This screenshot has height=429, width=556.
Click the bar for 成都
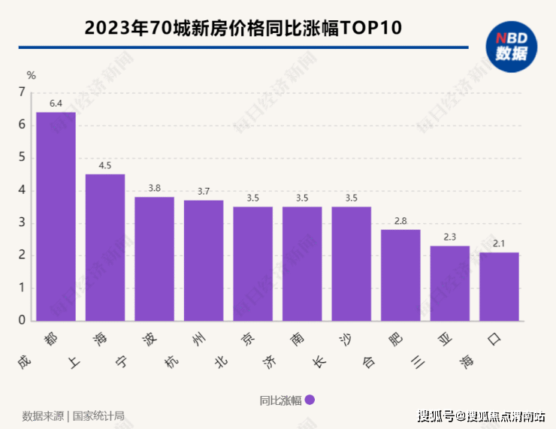pos(56,216)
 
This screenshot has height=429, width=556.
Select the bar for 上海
pos(105,247)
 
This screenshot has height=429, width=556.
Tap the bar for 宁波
pos(154,258)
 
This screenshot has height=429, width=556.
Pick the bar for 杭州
pos(204,260)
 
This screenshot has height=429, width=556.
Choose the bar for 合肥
pos(400,275)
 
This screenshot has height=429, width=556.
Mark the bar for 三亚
pos(449,283)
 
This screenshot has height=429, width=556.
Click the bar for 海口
pos(499,286)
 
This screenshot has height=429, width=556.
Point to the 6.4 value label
pos(56,103)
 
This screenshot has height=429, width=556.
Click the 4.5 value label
pos(105,165)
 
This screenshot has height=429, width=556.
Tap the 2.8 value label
pos(400,220)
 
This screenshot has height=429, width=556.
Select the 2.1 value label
pos(499,243)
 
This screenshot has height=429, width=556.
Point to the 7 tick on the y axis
pos(22,92)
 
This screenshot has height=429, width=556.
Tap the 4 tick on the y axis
pos(22,190)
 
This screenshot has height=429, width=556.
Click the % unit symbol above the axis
pos(31,74)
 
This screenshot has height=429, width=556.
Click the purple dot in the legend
pos(310,400)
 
